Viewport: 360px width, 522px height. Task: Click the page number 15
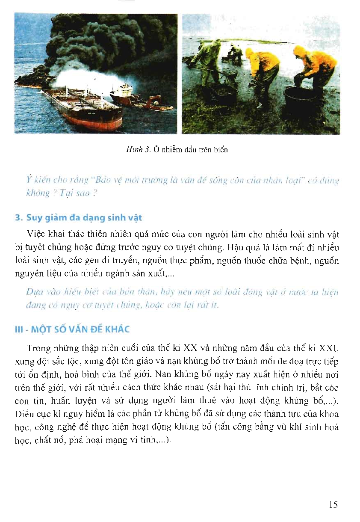(x=333, y=505)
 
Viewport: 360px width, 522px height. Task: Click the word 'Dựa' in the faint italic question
(x=33, y=292)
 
